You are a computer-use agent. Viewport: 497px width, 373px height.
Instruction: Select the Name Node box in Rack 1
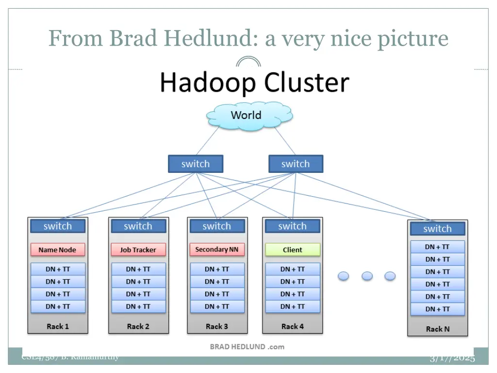click(58, 250)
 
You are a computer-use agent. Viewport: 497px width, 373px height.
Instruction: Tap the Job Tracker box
click(138, 250)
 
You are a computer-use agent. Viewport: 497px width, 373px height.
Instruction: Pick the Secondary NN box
click(217, 250)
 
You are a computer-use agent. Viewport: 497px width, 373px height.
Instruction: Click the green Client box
click(293, 250)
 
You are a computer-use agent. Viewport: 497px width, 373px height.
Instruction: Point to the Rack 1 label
click(58, 326)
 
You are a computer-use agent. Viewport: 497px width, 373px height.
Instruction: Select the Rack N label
click(437, 329)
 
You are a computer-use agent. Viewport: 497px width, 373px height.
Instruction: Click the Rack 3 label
click(217, 326)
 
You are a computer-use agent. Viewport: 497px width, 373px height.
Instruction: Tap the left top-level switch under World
click(196, 164)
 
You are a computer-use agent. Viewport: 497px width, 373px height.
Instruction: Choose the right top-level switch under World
click(296, 164)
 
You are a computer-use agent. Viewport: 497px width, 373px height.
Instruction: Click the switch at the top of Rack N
click(437, 229)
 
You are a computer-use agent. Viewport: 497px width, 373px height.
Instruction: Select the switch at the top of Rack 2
click(138, 226)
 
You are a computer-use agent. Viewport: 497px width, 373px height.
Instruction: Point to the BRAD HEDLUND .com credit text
click(247, 347)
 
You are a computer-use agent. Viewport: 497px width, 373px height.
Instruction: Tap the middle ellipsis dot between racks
click(367, 276)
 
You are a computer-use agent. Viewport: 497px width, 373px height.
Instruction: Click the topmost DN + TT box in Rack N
click(437, 247)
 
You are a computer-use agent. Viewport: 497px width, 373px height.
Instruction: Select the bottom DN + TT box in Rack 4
click(293, 306)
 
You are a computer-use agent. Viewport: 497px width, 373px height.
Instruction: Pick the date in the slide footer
click(452, 359)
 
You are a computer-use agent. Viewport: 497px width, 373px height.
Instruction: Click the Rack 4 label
click(293, 326)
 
